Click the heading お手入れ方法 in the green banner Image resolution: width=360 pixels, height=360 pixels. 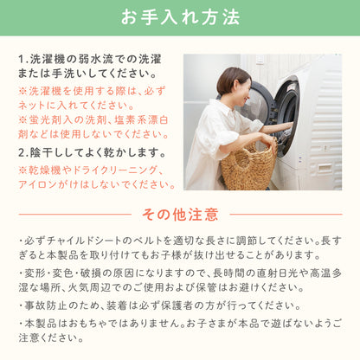180,17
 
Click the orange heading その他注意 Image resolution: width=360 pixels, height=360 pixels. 180,215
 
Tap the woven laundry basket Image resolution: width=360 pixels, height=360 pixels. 248,166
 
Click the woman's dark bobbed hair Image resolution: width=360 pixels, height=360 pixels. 233,80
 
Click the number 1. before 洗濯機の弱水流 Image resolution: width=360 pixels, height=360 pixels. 23,60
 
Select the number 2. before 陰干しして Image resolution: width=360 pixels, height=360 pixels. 23,152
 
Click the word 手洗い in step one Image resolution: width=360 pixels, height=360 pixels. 67,74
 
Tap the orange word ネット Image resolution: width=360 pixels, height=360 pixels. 32,106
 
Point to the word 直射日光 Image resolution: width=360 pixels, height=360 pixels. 276,273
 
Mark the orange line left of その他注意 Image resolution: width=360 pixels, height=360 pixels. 75,215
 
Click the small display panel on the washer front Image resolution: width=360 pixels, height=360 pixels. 325,167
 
